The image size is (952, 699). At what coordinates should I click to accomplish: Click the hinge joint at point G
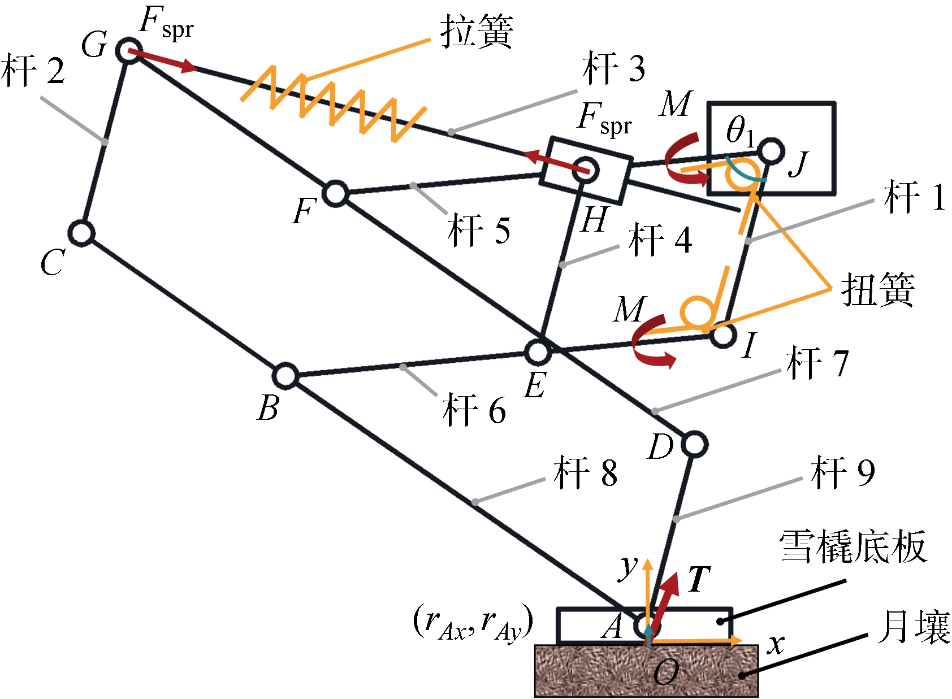(129, 51)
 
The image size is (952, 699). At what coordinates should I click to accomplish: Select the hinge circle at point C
(81, 233)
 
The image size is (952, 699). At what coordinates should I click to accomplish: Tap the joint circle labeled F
(336, 193)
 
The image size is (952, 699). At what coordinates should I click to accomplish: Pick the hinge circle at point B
(286, 376)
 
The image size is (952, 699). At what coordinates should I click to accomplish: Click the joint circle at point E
(537, 351)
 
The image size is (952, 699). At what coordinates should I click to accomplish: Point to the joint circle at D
(694, 444)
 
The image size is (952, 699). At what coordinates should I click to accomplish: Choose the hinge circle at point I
(723, 335)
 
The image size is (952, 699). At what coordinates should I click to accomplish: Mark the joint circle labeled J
(771, 151)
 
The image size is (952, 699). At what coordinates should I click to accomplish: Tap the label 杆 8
(586, 473)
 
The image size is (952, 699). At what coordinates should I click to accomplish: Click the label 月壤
(914, 627)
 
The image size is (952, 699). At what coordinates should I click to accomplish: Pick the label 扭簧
(877, 290)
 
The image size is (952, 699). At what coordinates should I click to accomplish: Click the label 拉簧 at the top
(477, 32)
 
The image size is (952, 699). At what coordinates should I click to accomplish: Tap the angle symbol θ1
(739, 131)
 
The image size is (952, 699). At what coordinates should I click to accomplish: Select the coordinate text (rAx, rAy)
(474, 622)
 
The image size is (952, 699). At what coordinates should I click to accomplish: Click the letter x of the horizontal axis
(776, 644)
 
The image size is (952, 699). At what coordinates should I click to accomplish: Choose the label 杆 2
(33, 71)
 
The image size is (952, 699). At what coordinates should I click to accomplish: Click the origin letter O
(665, 672)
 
